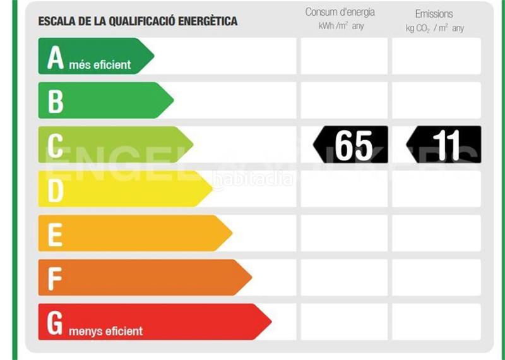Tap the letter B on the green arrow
(x=56, y=101)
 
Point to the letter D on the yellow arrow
(x=56, y=189)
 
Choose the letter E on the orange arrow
(x=55, y=234)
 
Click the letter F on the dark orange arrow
(x=55, y=278)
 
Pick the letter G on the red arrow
(x=56, y=323)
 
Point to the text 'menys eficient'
(x=106, y=330)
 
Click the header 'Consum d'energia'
(x=340, y=13)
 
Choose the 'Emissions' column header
(x=434, y=13)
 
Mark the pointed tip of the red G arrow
(x=270, y=321)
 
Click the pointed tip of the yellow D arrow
(x=211, y=189)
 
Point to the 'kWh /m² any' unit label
(x=341, y=27)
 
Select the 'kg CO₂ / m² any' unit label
(x=434, y=28)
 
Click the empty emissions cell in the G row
(x=436, y=321)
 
